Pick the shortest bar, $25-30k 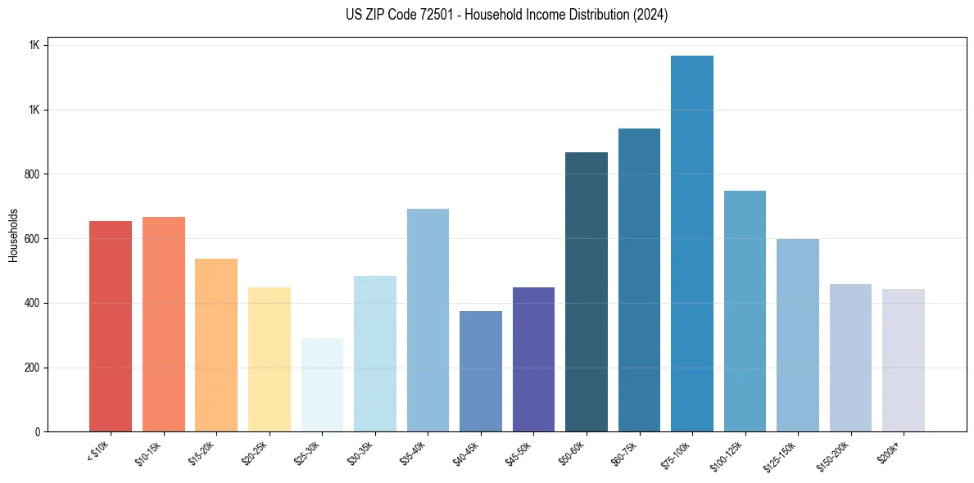click(322, 384)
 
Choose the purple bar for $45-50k click(533, 359)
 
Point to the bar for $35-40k click(428, 320)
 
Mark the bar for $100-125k click(745, 311)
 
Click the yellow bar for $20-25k click(270, 359)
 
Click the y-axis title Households click(14, 235)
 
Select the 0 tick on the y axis click(37, 431)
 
